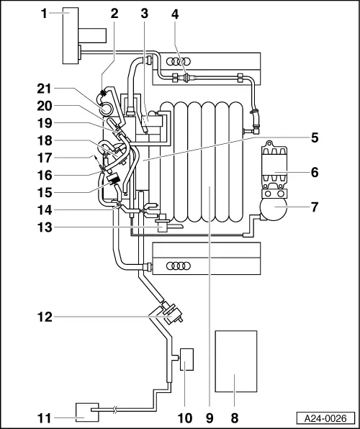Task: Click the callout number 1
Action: [x=44, y=14]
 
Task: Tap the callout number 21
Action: [x=45, y=89]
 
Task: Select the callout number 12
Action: [x=45, y=317]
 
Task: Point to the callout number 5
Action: [x=315, y=137]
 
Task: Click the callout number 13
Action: [x=45, y=227]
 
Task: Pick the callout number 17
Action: [x=45, y=158]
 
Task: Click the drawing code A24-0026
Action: [x=325, y=418]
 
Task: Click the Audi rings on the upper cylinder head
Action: [x=179, y=62]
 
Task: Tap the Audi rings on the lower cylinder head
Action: [x=179, y=266]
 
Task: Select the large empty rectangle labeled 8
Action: [x=236, y=361]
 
